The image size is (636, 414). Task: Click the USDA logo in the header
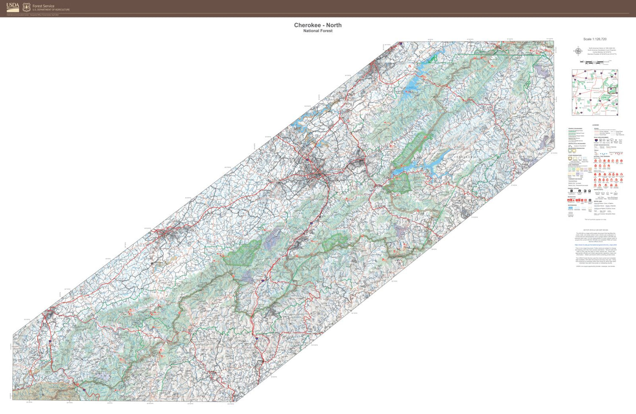[13, 7]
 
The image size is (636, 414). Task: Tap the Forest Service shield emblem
[26, 7]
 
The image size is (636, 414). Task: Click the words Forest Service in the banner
[43, 6]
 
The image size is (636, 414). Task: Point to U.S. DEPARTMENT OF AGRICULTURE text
[51, 10]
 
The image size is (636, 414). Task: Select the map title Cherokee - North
[318, 25]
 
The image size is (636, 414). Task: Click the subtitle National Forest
[318, 31]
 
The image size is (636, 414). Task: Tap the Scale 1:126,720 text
[594, 39]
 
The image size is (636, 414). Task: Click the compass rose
[577, 51]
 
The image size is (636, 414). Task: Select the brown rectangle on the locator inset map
[612, 90]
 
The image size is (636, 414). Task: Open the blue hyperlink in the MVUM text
[595, 245]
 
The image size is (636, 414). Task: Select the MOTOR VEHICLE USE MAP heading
[595, 230]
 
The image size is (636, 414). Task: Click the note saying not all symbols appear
[595, 219]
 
